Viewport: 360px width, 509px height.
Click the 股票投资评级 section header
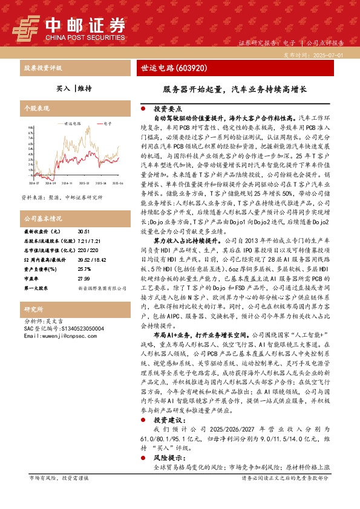tap(42, 68)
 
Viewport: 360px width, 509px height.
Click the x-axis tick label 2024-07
tap(33, 165)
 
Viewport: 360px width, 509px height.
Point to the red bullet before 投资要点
tap(142, 109)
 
